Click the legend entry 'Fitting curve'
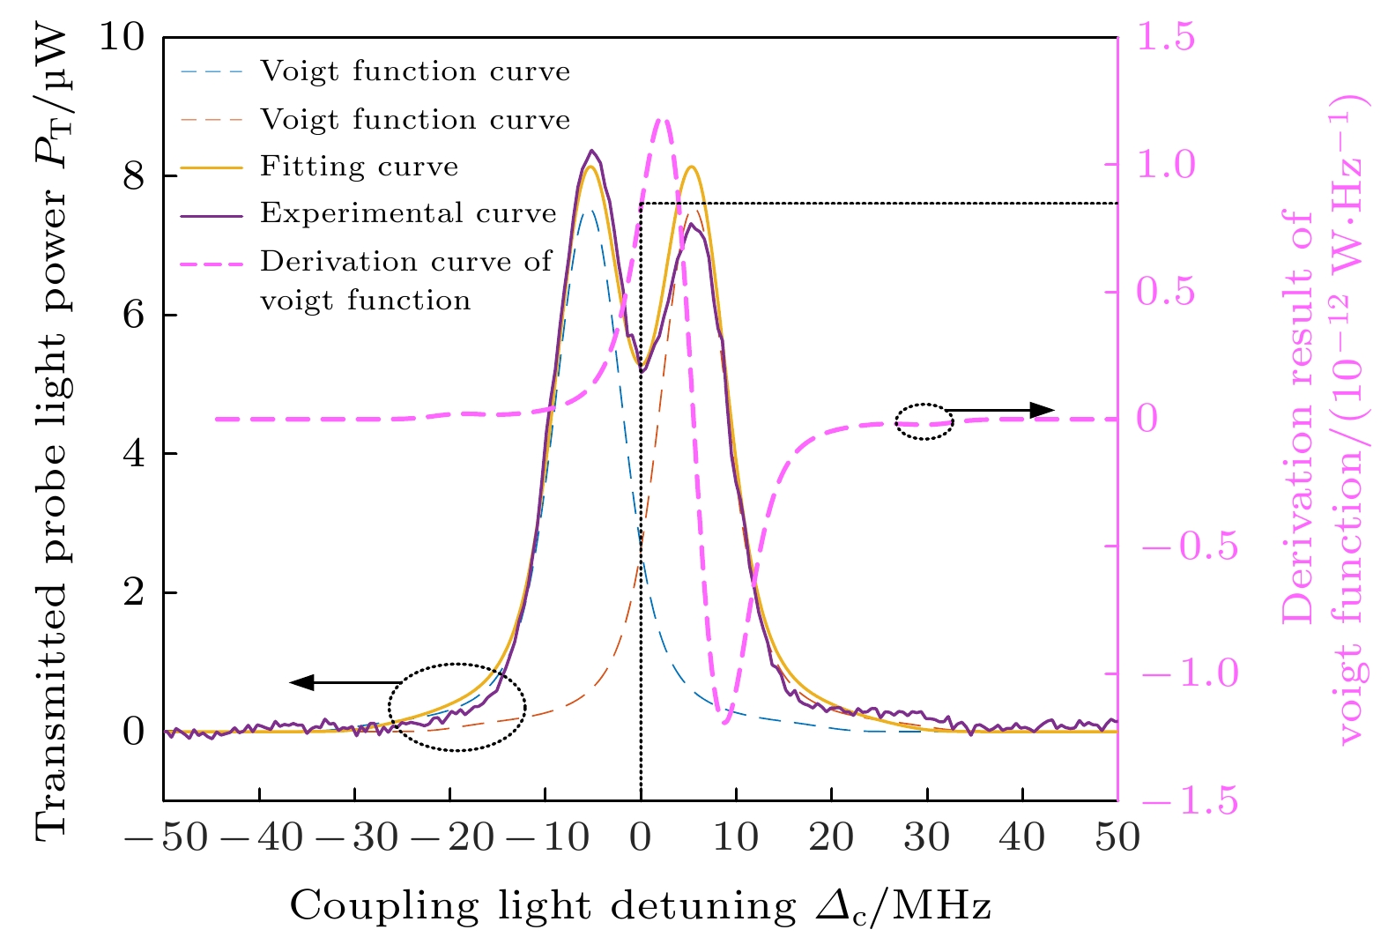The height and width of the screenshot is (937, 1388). tap(359, 167)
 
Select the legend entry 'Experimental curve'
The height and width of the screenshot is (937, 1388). tap(408, 213)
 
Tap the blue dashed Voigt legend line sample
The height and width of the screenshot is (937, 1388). tap(212, 71)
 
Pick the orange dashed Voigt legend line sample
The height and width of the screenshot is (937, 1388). tap(212, 120)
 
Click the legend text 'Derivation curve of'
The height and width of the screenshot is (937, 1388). tap(406, 262)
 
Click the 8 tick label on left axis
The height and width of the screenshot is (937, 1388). tap(132, 176)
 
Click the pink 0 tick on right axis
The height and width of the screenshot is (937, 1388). tap(1147, 419)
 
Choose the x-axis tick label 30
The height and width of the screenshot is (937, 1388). tap(926, 837)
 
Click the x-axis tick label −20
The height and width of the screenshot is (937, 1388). tap(450, 837)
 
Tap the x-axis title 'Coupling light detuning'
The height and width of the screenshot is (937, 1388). tap(542, 905)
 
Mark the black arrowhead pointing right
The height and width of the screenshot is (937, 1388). tap(1043, 410)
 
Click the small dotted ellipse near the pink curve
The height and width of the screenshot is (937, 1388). tap(924, 422)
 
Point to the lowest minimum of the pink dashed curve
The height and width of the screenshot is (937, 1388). tap(724, 722)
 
